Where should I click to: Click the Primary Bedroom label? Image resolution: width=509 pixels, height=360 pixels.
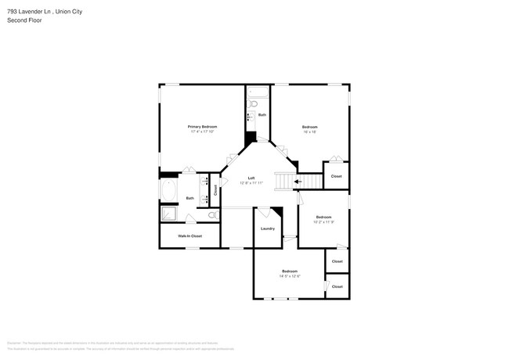pyautogui.click(x=202, y=126)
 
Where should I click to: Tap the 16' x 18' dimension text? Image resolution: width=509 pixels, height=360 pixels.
pyautogui.click(x=309, y=132)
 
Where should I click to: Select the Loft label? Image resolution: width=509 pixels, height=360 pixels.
pyautogui.click(x=251, y=178)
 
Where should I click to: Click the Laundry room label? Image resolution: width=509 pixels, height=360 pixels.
pyautogui.click(x=267, y=229)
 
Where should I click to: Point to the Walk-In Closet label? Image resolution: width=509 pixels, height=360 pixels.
pyautogui.click(x=190, y=236)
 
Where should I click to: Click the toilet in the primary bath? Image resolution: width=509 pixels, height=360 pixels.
pyautogui.click(x=211, y=214)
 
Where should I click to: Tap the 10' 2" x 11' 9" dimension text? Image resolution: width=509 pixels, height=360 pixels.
pyautogui.click(x=324, y=222)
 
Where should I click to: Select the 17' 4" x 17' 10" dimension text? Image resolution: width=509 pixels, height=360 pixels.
pyautogui.click(x=202, y=131)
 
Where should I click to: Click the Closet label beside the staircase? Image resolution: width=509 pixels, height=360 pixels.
pyautogui.click(x=337, y=176)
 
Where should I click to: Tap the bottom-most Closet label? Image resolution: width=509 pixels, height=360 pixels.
pyautogui.click(x=337, y=286)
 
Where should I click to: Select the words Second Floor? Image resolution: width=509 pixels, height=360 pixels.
pyautogui.click(x=24, y=20)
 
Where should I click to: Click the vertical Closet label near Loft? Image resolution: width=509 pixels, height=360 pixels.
pyautogui.click(x=215, y=189)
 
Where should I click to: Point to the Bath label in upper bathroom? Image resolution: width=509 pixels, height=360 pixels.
pyautogui.click(x=262, y=115)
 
